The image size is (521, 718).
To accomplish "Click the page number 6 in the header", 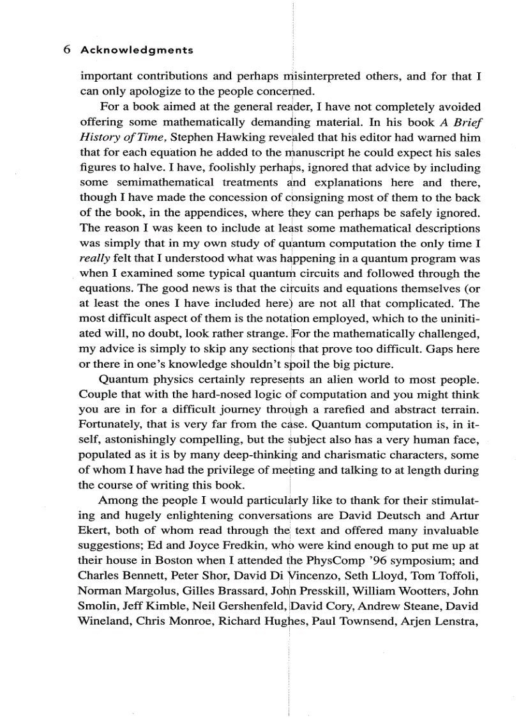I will [x=67, y=49].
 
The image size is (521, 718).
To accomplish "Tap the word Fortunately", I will [x=108, y=425].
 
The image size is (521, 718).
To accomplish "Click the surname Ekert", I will [x=94, y=531].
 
